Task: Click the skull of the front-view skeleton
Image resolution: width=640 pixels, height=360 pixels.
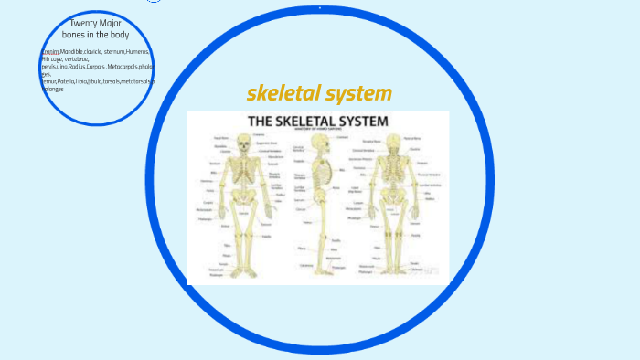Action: (242, 143)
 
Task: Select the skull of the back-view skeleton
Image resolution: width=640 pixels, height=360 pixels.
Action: (394, 143)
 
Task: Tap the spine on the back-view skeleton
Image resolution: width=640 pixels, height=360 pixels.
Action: (394, 183)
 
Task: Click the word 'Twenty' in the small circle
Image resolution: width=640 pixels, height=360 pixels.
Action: (83, 22)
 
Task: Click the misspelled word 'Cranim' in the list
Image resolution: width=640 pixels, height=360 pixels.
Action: (50, 52)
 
